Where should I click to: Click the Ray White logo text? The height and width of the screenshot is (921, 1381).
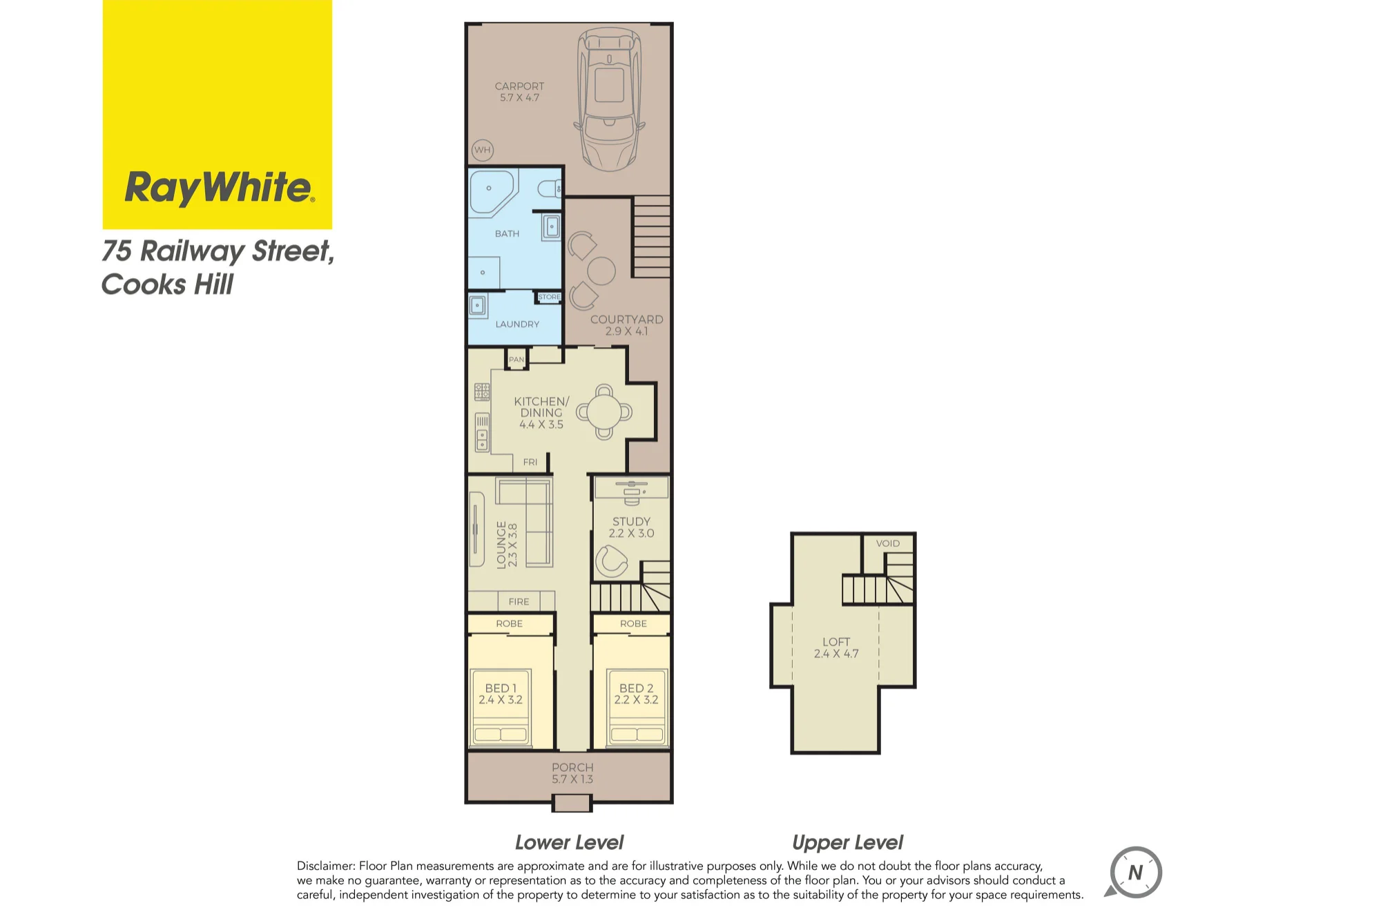pyautogui.click(x=219, y=188)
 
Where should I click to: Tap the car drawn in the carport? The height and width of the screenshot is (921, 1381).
pyautogui.click(x=609, y=99)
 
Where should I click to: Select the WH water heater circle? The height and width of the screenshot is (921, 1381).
pyautogui.click(x=482, y=150)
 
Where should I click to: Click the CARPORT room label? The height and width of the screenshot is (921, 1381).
pyautogui.click(x=519, y=86)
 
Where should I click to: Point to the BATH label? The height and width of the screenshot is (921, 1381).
pyautogui.click(x=507, y=234)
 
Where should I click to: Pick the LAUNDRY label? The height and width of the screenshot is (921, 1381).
pyautogui.click(x=517, y=324)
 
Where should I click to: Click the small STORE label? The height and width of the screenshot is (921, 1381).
pyautogui.click(x=550, y=298)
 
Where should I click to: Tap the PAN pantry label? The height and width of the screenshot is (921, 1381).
pyautogui.click(x=516, y=360)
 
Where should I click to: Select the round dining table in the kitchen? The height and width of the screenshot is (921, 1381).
pyautogui.click(x=604, y=412)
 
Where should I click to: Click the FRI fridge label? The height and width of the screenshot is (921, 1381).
pyautogui.click(x=530, y=463)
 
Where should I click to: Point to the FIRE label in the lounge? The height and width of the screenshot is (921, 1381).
pyautogui.click(x=519, y=602)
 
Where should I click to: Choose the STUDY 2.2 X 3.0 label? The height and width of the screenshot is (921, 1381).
pyautogui.click(x=631, y=527)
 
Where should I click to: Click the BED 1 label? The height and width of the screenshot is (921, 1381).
pyautogui.click(x=501, y=688)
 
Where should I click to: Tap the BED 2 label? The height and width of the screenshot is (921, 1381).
pyautogui.click(x=636, y=688)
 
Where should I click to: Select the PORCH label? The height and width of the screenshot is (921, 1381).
pyautogui.click(x=572, y=768)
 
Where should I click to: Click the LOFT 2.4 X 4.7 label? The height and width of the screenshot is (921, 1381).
pyautogui.click(x=836, y=648)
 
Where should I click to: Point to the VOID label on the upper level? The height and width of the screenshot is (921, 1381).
pyautogui.click(x=888, y=543)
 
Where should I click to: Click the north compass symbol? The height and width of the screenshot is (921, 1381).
pyautogui.click(x=1134, y=873)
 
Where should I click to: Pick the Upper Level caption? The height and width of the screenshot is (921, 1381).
pyautogui.click(x=847, y=843)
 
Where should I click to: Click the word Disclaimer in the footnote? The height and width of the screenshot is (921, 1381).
pyautogui.click(x=326, y=866)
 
